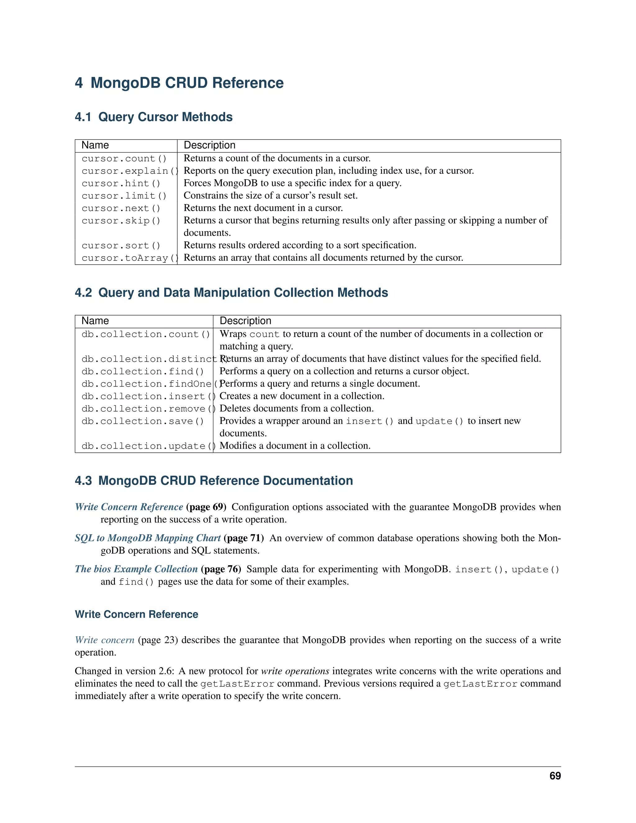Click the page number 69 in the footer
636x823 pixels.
pos(555,776)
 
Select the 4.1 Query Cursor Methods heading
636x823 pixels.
pos(153,117)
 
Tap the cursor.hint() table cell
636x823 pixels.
pos(121,184)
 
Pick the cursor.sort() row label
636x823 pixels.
pos(121,246)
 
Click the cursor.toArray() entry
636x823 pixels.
pos(129,258)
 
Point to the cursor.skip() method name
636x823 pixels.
pos(121,221)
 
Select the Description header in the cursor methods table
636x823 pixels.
pos(210,145)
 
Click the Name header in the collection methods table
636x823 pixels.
pos(95,321)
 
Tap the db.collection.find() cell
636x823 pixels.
pos(143,371)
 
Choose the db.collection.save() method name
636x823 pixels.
pos(143,421)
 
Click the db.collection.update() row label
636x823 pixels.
pos(148,446)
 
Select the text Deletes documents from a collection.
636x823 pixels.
pos(297,408)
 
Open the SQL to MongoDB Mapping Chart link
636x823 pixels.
pos(148,538)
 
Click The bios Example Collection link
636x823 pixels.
pos(136,569)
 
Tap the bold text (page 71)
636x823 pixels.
pos(244,538)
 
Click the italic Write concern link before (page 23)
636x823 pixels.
pos(104,640)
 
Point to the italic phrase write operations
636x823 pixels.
pos(295,671)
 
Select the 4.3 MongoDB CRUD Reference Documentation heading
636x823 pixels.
pos(214,481)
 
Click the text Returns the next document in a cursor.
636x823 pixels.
pos(263,208)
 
